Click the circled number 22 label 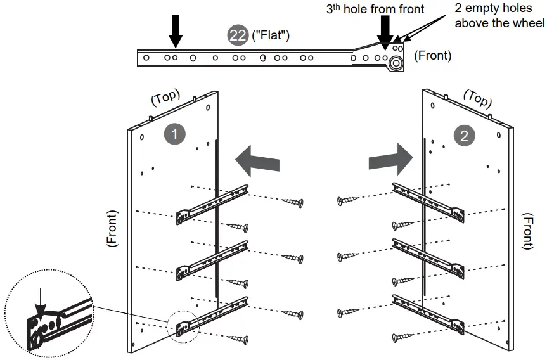(x=238, y=35)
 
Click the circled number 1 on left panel (x=174, y=134)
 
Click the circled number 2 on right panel (x=463, y=135)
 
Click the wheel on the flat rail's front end (x=397, y=63)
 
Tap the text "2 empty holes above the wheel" (x=499, y=16)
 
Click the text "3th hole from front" (x=375, y=9)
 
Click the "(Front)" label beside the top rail (x=433, y=56)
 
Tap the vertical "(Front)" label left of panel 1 (x=113, y=228)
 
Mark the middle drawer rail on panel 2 (x=428, y=257)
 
